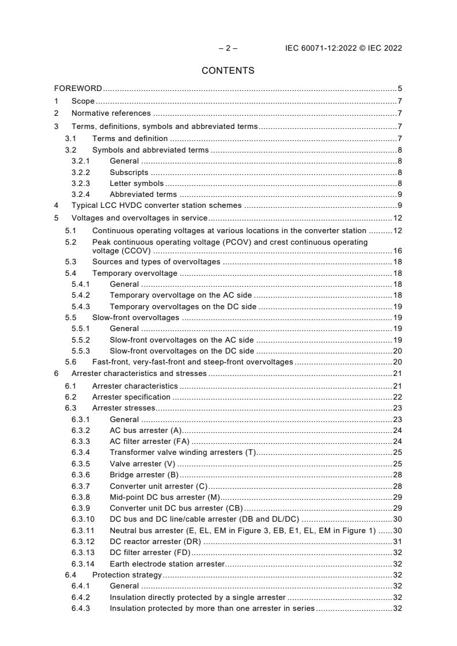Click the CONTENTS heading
[228, 70]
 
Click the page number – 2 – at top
[228, 48]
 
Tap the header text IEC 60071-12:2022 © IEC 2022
[343, 48]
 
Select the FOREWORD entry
[78, 89]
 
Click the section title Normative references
[111, 113]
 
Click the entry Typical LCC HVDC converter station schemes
[157, 206]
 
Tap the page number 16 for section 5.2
[397, 251]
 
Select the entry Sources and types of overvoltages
[156, 262]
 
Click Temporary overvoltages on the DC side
[183, 307]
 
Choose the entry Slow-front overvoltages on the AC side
[182, 340]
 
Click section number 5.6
[70, 362]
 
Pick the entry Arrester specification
[131, 397]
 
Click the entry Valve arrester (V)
[142, 463]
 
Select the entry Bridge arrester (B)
[144, 474]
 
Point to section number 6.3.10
[84, 519]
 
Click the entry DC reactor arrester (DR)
[155, 541]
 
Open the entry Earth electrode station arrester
[167, 564]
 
